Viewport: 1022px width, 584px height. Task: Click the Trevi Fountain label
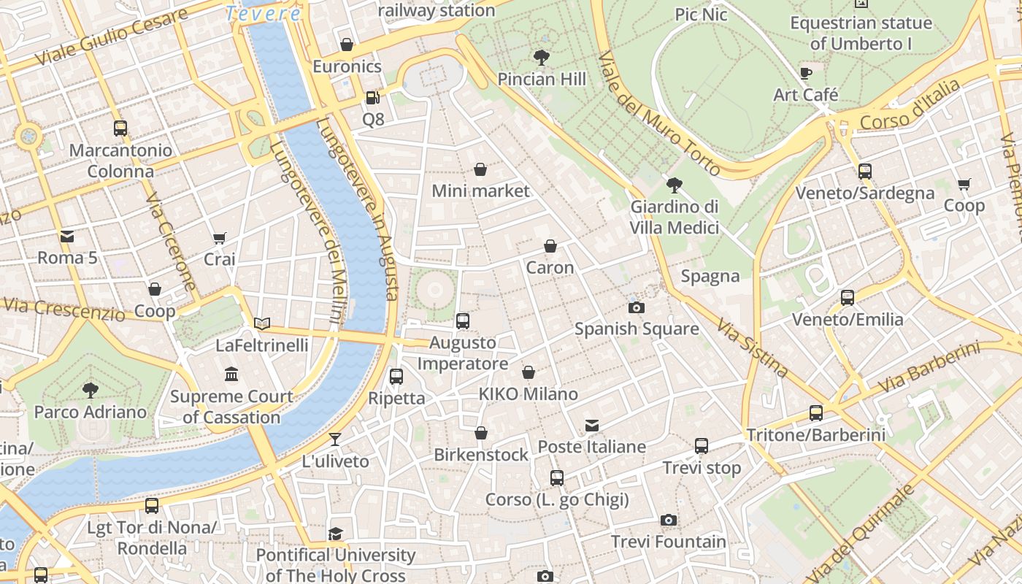(x=669, y=542)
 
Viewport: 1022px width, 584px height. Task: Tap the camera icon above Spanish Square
(x=637, y=307)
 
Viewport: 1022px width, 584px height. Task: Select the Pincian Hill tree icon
(x=542, y=57)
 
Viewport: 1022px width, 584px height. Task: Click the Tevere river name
(x=263, y=13)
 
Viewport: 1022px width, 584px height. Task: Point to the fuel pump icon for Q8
(x=372, y=97)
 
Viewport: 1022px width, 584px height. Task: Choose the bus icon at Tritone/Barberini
(x=816, y=413)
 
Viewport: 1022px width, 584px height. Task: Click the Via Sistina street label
(x=752, y=347)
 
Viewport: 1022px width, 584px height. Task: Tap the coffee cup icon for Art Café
(x=806, y=73)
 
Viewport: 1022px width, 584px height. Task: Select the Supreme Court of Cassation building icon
(x=231, y=374)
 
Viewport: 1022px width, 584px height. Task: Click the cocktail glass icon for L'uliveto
(x=335, y=439)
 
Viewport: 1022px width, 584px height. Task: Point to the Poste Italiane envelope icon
(x=592, y=425)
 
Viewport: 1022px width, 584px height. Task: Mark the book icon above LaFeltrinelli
(x=261, y=323)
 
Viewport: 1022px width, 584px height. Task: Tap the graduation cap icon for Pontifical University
(x=335, y=534)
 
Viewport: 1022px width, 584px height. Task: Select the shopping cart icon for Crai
(x=219, y=238)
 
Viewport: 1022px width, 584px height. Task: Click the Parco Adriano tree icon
(x=91, y=390)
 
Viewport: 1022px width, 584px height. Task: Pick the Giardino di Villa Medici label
(x=675, y=218)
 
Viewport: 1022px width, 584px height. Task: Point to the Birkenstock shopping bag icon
(x=481, y=433)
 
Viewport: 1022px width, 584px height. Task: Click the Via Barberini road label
(x=929, y=367)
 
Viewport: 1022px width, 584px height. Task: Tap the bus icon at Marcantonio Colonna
(x=120, y=128)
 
